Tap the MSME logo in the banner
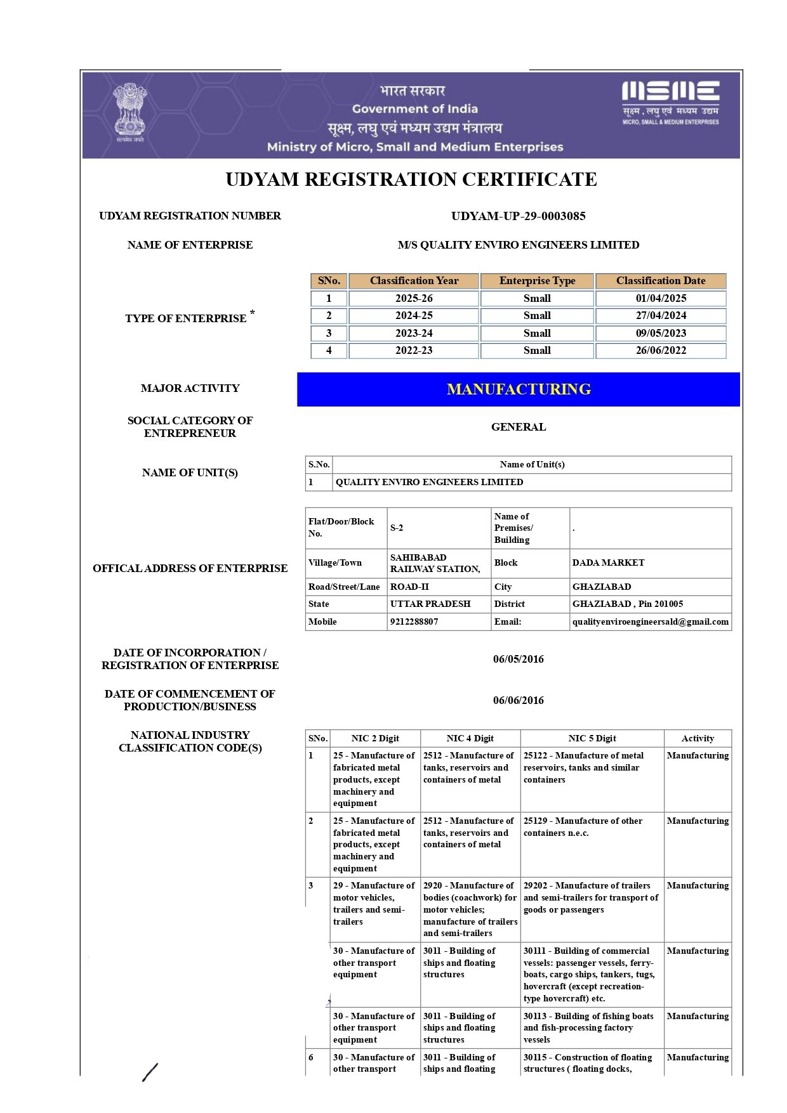[670, 102]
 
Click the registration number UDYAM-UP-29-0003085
[518, 216]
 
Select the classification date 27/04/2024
[661, 316]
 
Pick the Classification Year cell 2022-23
[414, 351]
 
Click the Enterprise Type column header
[537, 281]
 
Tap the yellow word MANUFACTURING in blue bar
[519, 389]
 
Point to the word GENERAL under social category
[518, 427]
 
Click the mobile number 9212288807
[414, 622]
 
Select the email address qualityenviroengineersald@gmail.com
[650, 622]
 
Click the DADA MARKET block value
[608, 563]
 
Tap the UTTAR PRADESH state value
[430, 604]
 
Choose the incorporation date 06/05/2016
[518, 660]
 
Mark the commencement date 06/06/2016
[518, 701]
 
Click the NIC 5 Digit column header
[592, 739]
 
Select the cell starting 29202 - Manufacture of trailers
[590, 898]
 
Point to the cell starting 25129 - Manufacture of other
[583, 827]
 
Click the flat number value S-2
[397, 528]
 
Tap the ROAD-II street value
[409, 587]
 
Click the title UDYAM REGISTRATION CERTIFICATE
[411, 179]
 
